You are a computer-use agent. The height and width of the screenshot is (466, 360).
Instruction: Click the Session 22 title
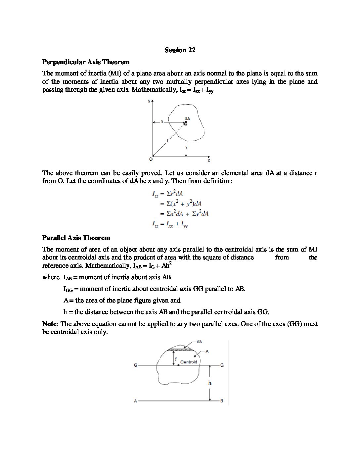[180, 50]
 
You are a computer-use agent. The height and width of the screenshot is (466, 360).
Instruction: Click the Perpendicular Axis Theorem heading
[86, 62]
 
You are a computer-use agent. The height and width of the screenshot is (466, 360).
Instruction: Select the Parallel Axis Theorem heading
[76, 238]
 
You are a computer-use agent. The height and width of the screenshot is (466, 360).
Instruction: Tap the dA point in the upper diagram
[186, 122]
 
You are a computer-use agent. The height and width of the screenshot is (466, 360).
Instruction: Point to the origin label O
[151, 160]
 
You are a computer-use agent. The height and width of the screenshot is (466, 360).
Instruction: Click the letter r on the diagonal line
[167, 140]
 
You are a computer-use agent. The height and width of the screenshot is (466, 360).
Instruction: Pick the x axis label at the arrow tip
[209, 161]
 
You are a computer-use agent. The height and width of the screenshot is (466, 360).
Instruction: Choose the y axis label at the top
[149, 100]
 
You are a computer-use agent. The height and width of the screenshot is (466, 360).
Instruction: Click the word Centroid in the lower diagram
[189, 362]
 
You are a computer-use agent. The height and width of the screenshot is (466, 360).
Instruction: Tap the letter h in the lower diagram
[209, 383]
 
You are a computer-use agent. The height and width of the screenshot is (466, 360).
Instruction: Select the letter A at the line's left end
[135, 401]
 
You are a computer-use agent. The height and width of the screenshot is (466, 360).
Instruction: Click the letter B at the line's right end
[222, 401]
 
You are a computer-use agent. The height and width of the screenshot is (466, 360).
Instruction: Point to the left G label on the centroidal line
[135, 365]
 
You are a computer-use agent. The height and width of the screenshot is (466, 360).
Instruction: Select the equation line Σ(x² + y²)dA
[181, 204]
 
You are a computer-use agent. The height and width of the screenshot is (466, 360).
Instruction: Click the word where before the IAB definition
[51, 277]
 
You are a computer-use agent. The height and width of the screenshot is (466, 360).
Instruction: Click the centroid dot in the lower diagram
[178, 365]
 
